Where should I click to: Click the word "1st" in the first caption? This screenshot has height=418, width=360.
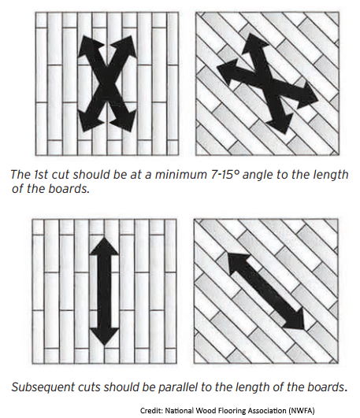click(41, 175)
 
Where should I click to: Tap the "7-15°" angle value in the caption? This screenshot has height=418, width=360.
click(224, 175)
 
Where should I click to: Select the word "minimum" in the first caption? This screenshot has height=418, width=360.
click(180, 175)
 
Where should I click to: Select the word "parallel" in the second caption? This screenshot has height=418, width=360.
click(178, 387)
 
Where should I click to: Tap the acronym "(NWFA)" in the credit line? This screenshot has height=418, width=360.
click(302, 410)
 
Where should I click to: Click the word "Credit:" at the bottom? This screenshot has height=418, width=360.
click(151, 410)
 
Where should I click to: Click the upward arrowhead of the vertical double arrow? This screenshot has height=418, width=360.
click(104, 246)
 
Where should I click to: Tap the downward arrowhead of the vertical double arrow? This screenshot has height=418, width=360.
click(104, 337)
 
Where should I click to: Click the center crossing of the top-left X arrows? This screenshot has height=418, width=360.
click(107, 83)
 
